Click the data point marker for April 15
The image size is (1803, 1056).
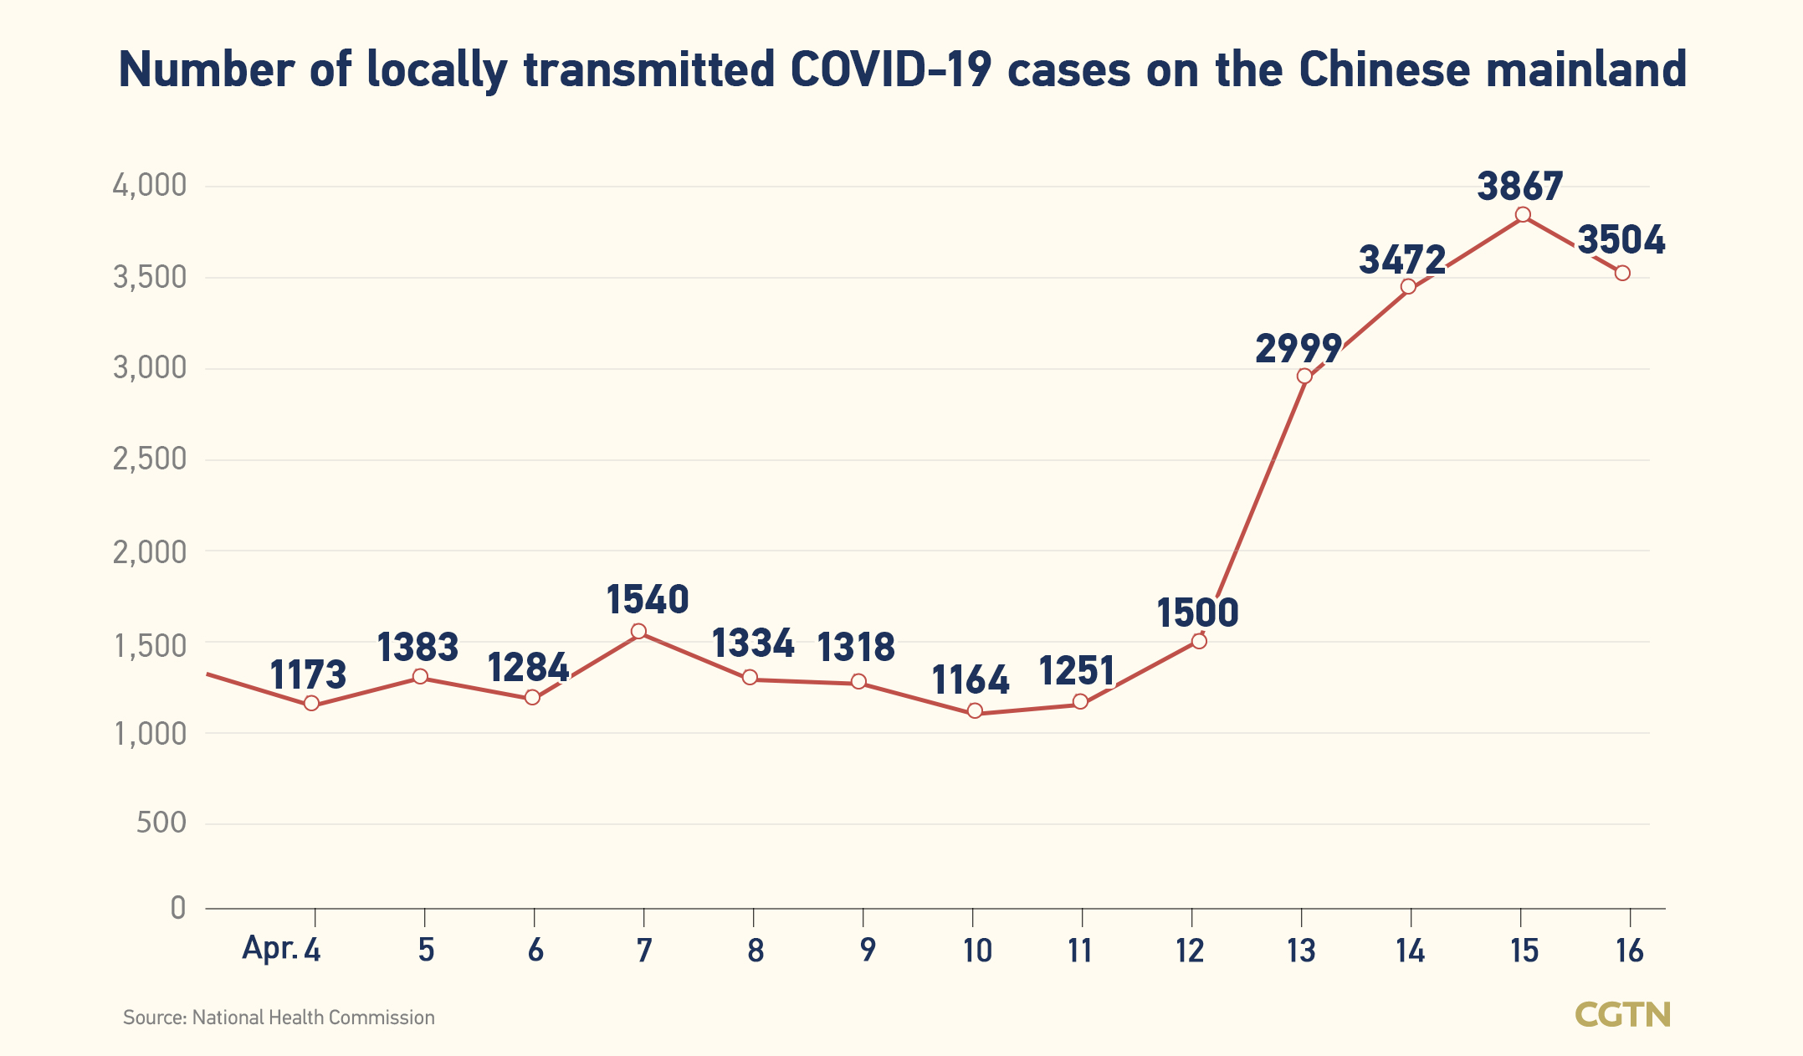click(x=1523, y=214)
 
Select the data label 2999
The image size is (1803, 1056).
click(x=1298, y=348)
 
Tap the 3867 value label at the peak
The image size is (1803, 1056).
click(x=1519, y=187)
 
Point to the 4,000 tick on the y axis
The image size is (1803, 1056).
click(x=150, y=186)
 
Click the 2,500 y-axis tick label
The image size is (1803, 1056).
click(x=150, y=459)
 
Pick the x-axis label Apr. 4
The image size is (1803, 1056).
click(x=281, y=950)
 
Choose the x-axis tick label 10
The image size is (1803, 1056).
click(x=976, y=951)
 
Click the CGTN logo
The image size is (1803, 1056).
click(x=1622, y=1015)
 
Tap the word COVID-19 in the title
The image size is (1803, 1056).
click(x=891, y=69)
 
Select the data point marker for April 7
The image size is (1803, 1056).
click(x=638, y=632)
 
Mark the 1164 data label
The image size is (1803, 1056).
click(x=971, y=680)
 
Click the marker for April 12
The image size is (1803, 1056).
click(x=1199, y=641)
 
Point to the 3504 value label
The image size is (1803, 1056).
click(x=1621, y=240)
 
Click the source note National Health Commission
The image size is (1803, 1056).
click(x=313, y=1018)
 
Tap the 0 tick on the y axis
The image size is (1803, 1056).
click(x=177, y=907)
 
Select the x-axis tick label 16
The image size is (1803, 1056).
click(x=1630, y=951)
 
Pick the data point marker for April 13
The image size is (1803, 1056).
click(x=1304, y=376)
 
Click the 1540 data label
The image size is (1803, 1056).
click(x=647, y=600)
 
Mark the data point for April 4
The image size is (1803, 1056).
click(x=311, y=703)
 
